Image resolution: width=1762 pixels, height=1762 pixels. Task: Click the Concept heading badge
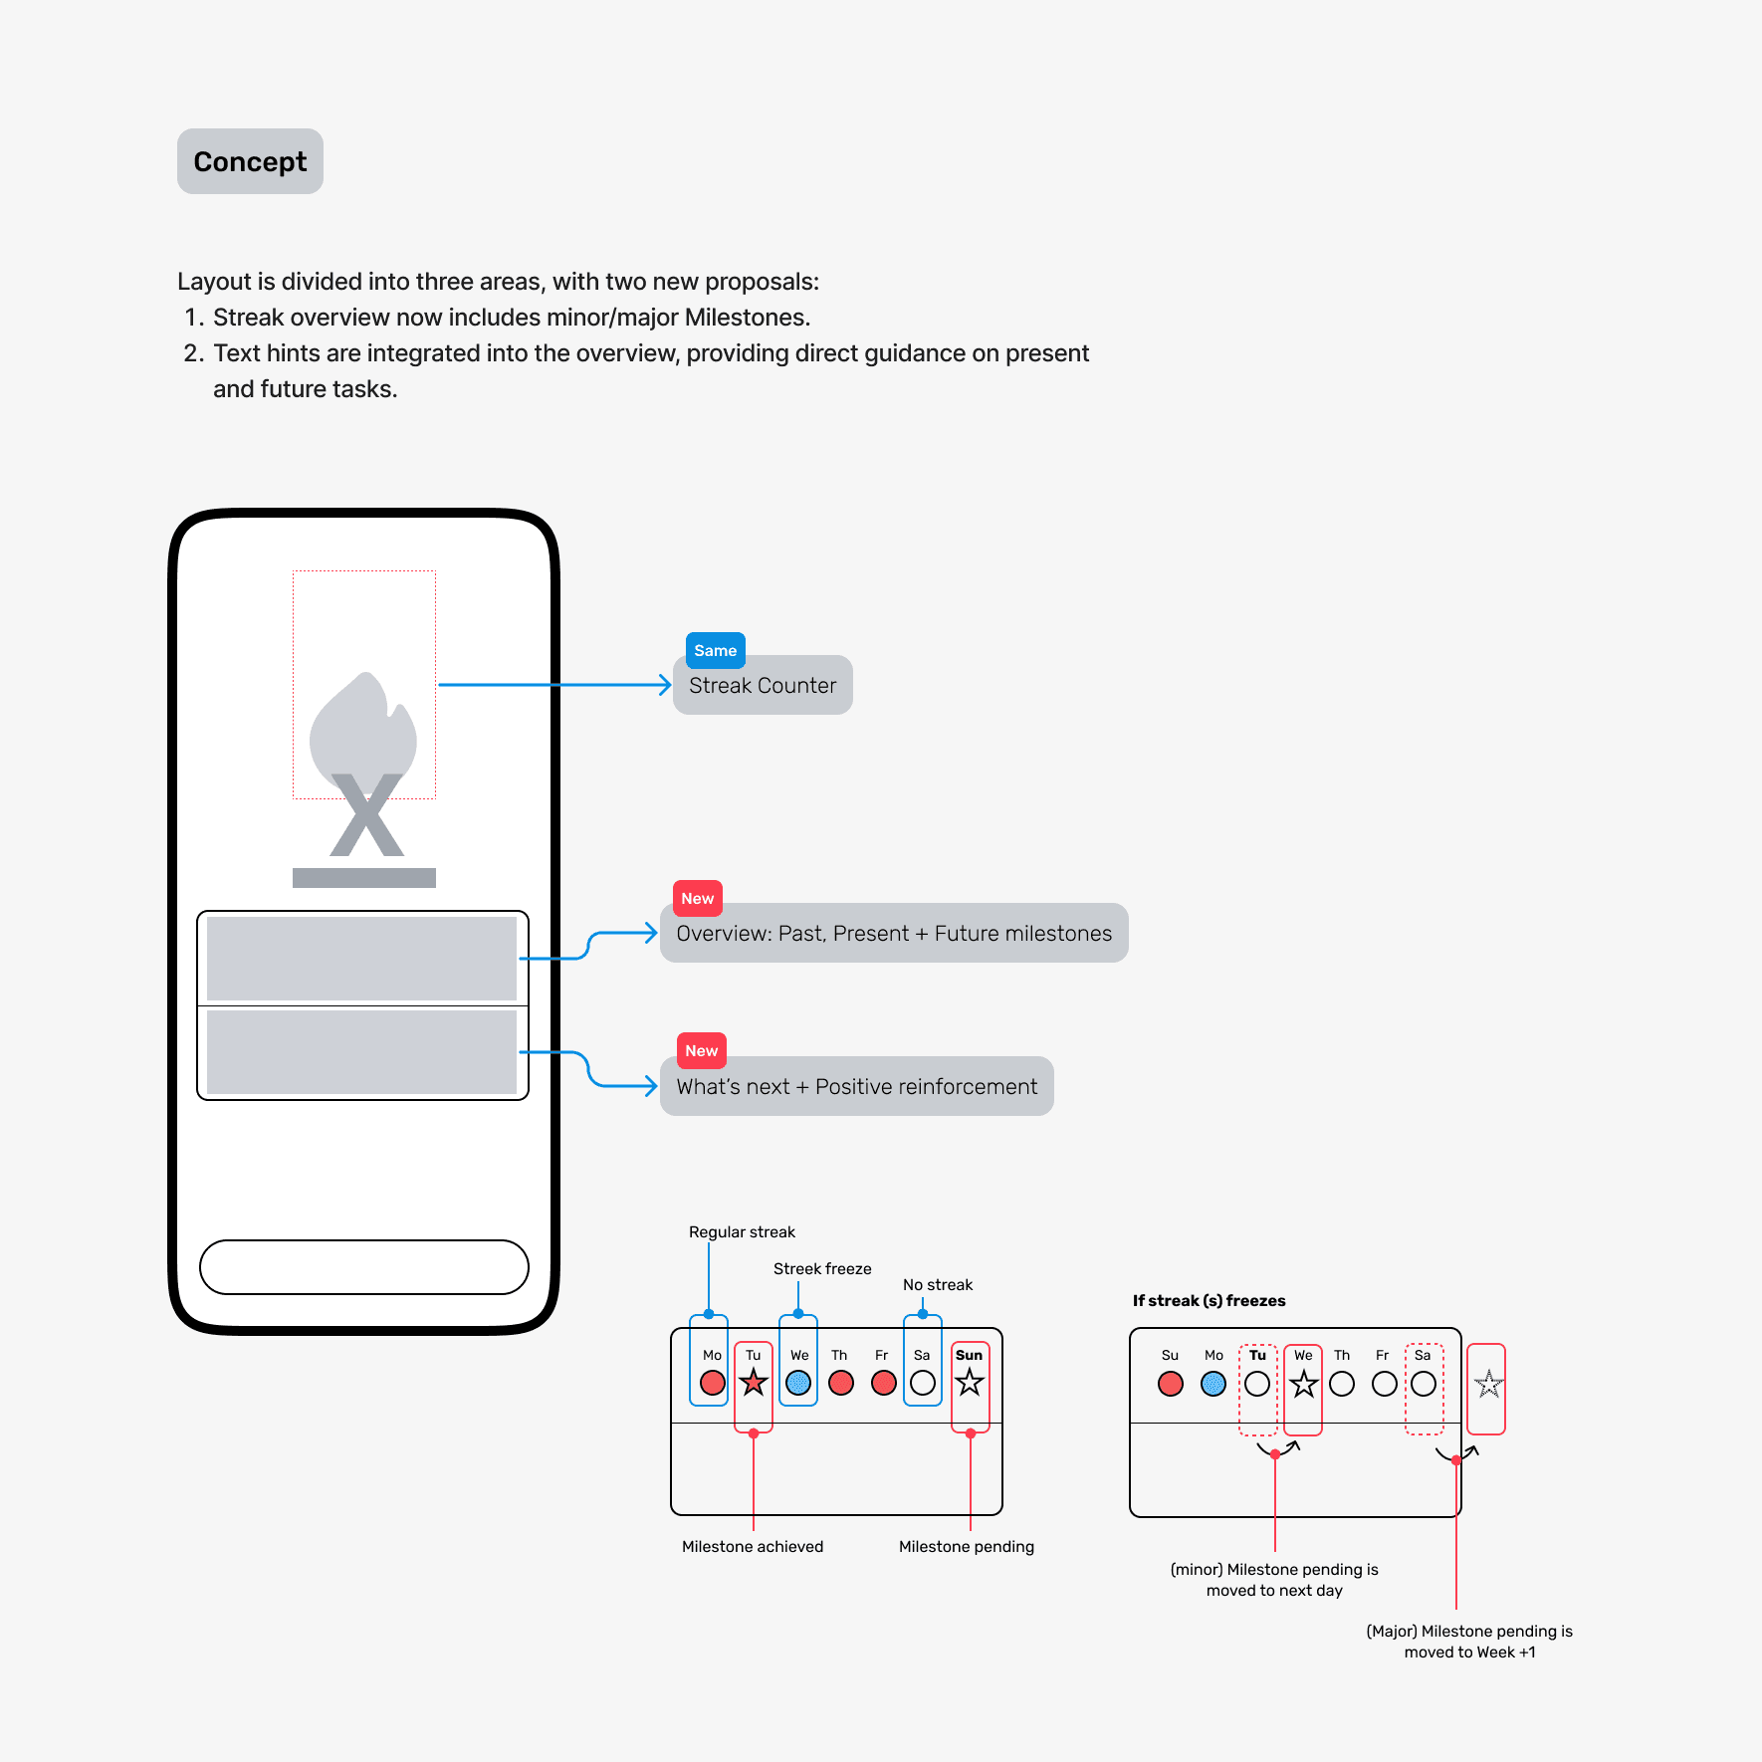pos(250,161)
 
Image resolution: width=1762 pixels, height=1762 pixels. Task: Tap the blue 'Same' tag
pos(715,650)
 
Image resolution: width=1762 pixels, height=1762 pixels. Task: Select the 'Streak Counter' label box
pos(763,686)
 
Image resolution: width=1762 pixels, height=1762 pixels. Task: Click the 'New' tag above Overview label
pos(697,898)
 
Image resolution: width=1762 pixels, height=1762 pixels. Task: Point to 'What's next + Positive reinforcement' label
pos(856,1087)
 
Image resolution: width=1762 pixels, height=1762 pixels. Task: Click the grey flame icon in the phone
pos(362,727)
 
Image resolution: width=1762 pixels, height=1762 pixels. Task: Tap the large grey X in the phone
pos(366,816)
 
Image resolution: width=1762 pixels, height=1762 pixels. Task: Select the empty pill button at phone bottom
pos(364,1267)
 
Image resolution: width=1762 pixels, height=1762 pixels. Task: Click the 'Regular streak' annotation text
pos(742,1232)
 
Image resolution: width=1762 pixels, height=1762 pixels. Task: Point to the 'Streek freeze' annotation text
pos(822,1269)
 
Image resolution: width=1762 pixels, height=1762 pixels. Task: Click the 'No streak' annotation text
pos(938,1285)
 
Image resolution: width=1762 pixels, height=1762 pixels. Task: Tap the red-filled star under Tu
pos(754,1383)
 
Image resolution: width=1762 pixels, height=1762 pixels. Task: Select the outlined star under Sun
pos(970,1383)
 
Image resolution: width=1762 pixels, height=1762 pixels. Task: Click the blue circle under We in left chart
pos(798,1383)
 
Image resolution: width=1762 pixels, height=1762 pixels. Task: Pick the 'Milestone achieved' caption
pos(753,1547)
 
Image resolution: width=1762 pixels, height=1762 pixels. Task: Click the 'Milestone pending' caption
pos(967,1547)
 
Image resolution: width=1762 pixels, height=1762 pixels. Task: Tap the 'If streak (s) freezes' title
pos(1209,1301)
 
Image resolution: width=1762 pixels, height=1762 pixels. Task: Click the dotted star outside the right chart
pos(1488,1384)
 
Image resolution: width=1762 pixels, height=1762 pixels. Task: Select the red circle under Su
pos(1171,1384)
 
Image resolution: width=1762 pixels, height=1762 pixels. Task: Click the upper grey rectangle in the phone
pos(362,958)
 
